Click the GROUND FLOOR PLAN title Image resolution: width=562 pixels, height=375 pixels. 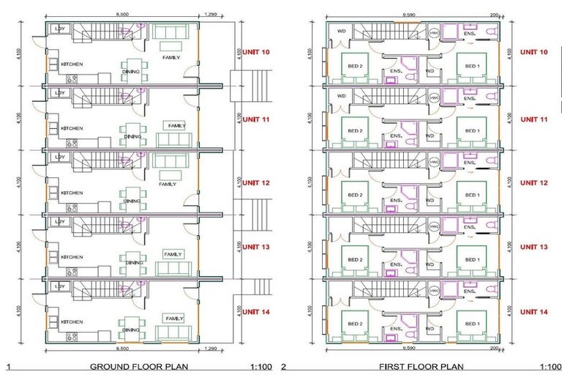coord(136,367)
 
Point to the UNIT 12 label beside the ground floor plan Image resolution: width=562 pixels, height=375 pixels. coord(256,183)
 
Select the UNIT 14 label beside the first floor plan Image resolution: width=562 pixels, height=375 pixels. coord(533,312)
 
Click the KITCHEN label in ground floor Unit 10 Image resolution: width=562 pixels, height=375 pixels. coord(71,64)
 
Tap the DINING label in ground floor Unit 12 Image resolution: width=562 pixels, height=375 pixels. coord(132,201)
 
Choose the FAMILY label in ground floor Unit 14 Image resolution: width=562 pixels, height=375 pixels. coord(174,319)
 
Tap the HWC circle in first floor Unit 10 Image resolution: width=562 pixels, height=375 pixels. coord(434,33)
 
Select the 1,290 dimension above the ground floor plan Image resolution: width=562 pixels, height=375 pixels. coord(211,15)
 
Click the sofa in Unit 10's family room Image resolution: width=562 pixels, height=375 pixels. coord(170,34)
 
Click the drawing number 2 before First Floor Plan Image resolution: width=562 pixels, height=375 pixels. coord(285,367)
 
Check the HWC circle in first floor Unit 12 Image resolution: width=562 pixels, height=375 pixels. coord(434,162)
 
